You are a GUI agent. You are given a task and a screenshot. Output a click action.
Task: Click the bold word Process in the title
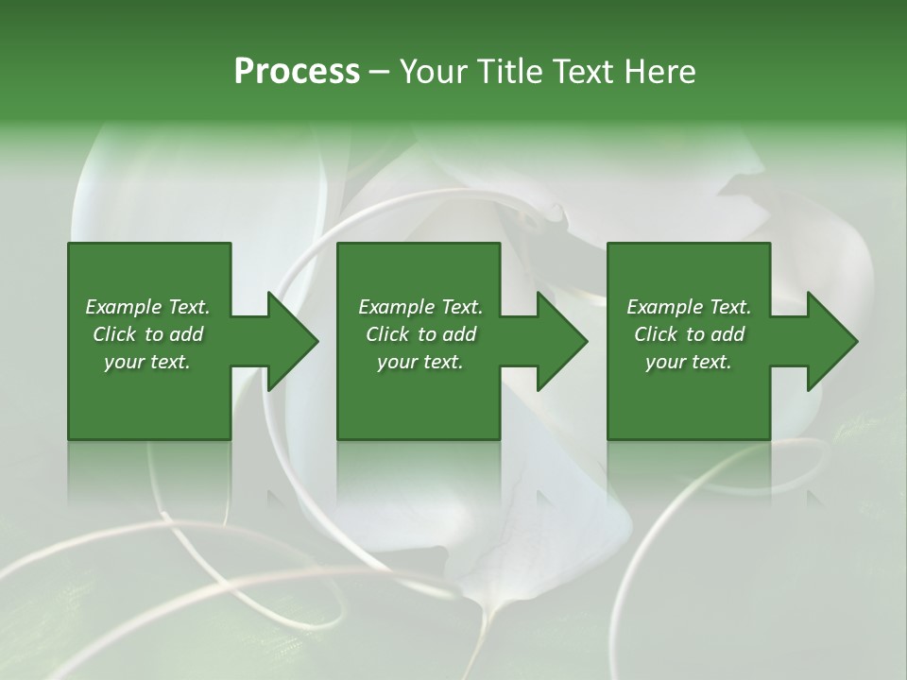point(297,72)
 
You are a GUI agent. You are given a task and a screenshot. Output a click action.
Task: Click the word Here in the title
point(660,72)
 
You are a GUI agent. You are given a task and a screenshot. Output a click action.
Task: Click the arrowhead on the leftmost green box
point(294,341)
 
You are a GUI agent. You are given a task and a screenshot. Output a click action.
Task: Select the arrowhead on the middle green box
point(563,341)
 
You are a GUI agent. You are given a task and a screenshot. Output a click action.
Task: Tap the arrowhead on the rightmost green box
point(832,341)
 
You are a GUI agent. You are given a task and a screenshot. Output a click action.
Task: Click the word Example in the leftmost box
point(123,307)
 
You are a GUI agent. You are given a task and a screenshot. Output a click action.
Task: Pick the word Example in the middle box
point(396,307)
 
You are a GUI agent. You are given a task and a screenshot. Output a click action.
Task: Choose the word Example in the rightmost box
point(664,307)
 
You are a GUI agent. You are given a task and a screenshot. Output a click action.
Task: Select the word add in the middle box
point(459,334)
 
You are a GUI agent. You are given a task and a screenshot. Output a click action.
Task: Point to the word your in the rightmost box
point(665,362)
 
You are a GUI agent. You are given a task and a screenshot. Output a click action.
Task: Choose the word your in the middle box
point(397,362)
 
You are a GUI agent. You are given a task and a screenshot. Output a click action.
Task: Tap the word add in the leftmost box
point(186,334)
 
